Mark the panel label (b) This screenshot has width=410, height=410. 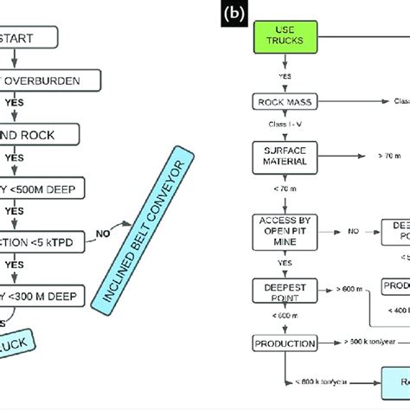coord(232,15)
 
